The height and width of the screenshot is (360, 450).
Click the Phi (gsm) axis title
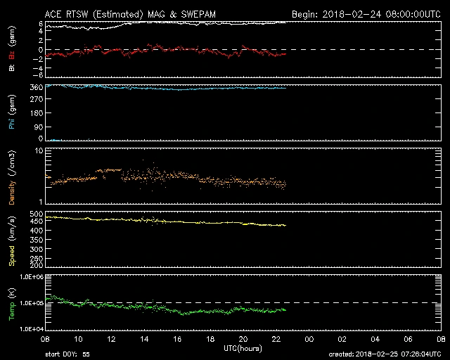[x=12, y=113]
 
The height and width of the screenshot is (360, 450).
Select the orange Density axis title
[x=12, y=179]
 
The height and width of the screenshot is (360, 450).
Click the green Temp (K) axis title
[x=12, y=302]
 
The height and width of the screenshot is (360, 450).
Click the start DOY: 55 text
[x=67, y=354]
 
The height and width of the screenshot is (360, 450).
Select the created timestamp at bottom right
[x=387, y=354]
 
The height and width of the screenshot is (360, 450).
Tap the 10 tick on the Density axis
[x=40, y=151]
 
